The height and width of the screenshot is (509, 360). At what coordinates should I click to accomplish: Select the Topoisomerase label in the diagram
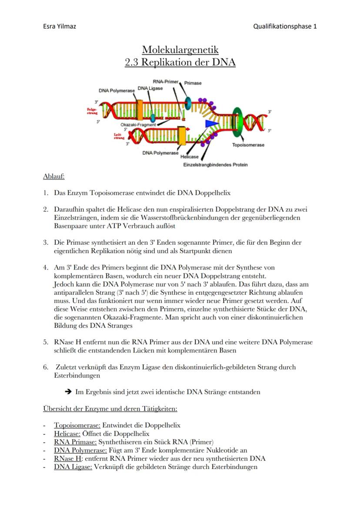click(248, 145)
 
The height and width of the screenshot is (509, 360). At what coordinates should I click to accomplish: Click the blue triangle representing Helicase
click(211, 125)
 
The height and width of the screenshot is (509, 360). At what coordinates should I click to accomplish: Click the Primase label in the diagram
click(193, 83)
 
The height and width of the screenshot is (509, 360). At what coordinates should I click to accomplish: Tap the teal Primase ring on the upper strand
click(188, 103)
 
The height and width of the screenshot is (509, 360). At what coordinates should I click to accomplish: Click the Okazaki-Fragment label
click(137, 125)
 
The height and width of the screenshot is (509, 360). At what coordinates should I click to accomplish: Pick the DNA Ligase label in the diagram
click(150, 88)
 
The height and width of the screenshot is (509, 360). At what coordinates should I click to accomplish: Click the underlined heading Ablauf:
click(54, 176)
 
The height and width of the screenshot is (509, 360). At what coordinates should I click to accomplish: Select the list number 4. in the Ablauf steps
click(46, 268)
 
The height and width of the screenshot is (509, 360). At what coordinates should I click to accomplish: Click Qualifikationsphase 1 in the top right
click(285, 26)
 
